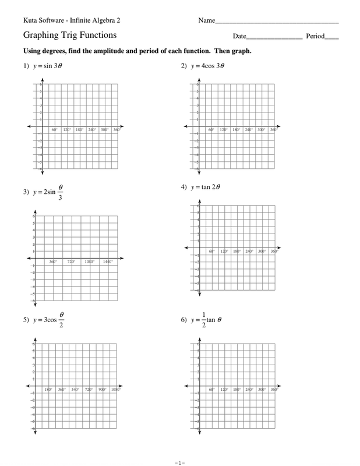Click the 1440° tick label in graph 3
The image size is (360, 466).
coord(108,262)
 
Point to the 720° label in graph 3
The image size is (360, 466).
coord(71,262)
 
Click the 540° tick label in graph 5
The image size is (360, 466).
coord(75,389)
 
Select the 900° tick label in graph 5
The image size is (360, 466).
coord(102,389)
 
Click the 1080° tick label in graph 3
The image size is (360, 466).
coord(89,262)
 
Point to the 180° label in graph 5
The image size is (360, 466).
coord(48,389)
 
